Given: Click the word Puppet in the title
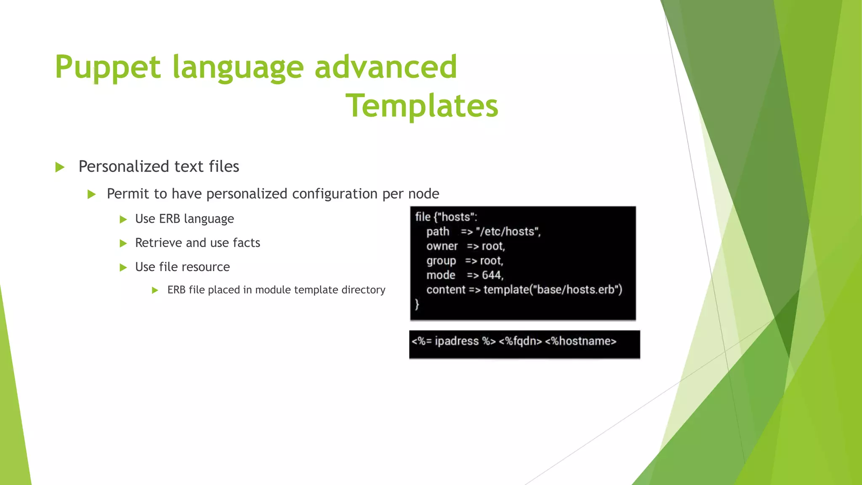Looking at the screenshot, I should pos(108,67).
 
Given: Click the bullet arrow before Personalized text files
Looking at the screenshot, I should pos(60,167).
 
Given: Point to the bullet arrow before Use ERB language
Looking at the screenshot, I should pos(123,219).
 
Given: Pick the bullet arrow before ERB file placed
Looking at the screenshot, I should pos(155,290).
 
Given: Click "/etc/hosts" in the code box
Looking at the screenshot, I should pos(508,232).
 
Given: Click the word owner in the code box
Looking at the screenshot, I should pos(442,246).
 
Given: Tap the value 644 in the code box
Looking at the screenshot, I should pos(492,275).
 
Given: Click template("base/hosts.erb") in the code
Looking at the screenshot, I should pos(553,290).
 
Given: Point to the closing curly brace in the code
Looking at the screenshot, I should pos(417,304).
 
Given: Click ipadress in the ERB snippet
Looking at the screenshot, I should pos(456,341).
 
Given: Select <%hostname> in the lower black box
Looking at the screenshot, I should pos(580,341).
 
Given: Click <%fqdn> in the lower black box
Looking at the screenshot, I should pos(520,341).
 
